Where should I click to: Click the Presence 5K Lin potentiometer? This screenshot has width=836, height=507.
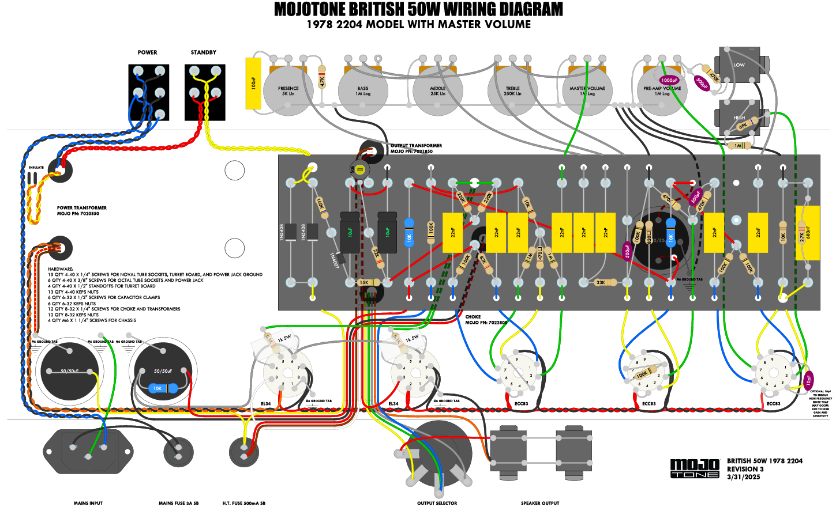pyautogui.click(x=288, y=91)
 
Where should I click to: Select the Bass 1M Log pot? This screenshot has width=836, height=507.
pyautogui.click(x=363, y=91)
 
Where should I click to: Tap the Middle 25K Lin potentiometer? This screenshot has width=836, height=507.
pyautogui.click(x=438, y=91)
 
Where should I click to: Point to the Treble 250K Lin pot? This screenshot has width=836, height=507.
pyautogui.click(x=512, y=91)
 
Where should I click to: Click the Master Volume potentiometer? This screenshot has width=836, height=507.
pyautogui.click(x=587, y=91)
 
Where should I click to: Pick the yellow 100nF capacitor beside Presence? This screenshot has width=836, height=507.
pyautogui.click(x=253, y=83)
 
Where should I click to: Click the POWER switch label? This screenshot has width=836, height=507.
pyautogui.click(x=147, y=52)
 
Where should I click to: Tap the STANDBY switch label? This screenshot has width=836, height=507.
pyautogui.click(x=204, y=52)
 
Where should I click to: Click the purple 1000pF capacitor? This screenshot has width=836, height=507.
pyautogui.click(x=669, y=81)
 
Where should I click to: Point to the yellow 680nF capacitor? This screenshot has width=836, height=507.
pyautogui.click(x=808, y=233)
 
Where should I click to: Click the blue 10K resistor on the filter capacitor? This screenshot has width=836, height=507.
pyautogui.click(x=158, y=388)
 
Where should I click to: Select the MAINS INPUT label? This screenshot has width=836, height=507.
pyautogui.click(x=88, y=503)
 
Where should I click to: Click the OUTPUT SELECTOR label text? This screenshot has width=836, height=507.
pyautogui.click(x=437, y=503)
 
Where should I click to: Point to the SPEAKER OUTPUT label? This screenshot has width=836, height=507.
pyautogui.click(x=540, y=503)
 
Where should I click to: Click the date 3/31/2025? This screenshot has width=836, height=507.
pyautogui.click(x=744, y=477)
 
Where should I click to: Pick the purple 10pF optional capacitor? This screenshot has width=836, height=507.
pyautogui.click(x=809, y=380)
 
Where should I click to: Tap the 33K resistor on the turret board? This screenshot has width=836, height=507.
pyautogui.click(x=601, y=282)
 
